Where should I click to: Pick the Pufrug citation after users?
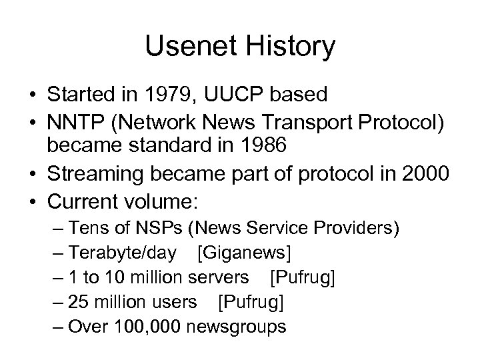click(x=251, y=302)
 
